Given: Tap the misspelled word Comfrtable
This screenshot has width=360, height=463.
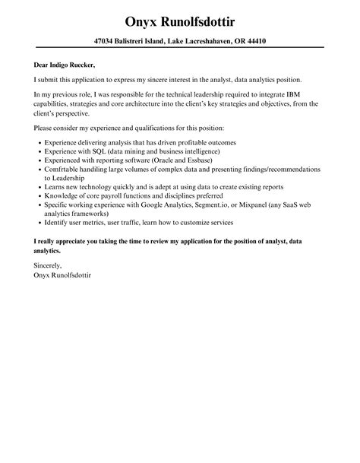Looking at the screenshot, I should (x=65, y=170).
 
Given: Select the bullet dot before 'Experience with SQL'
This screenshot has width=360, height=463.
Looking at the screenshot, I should (x=38, y=151).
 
